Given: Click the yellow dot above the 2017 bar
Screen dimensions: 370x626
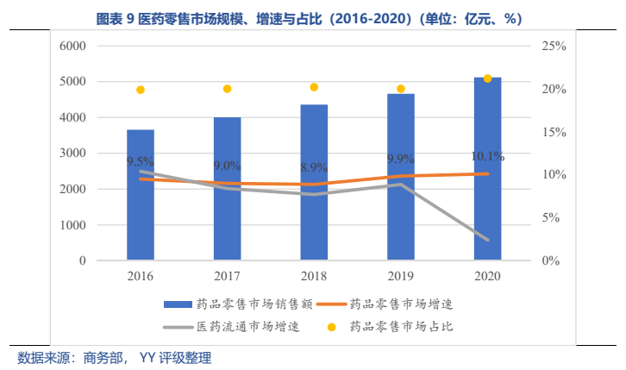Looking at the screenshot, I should pyautogui.click(x=228, y=89).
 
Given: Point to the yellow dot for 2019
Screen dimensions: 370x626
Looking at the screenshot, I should pyautogui.click(x=400, y=89).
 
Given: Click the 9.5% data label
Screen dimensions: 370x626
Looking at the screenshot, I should pyautogui.click(x=141, y=161).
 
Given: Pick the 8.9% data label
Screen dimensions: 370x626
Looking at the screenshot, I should pyautogui.click(x=314, y=167).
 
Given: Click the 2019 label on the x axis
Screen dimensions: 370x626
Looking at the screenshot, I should pyautogui.click(x=400, y=276).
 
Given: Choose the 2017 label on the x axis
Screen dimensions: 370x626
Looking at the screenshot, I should pyautogui.click(x=228, y=276).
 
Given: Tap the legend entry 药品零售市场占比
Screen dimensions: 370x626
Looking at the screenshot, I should pyautogui.click(x=400, y=328).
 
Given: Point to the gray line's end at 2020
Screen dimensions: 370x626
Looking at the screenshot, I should pyautogui.click(x=487, y=240).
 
